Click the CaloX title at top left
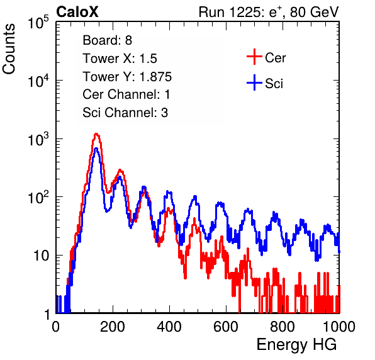pyautogui.click(x=77, y=12)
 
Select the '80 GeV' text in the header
pyautogui.click(x=314, y=12)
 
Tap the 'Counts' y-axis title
pyautogui.click(x=9, y=49)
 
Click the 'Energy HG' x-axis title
pyautogui.click(x=296, y=345)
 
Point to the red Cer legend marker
pyautogui.click(x=254, y=57)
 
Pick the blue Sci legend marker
pyautogui.click(x=254, y=83)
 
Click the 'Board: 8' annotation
pyautogui.click(x=107, y=40)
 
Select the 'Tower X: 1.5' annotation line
pyautogui.click(x=120, y=59)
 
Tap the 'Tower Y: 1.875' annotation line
pyautogui.click(x=127, y=77)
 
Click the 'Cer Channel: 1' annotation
pyautogui.click(x=126, y=94)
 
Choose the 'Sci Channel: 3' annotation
pyautogui.click(x=125, y=113)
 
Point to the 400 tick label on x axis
pyautogui.click(x=169, y=327)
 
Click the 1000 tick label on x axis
pyautogui.click(x=339, y=327)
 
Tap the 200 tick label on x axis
pyautogui.click(x=113, y=327)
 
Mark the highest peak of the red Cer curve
pyautogui.click(x=96, y=134)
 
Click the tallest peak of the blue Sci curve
pyautogui.click(x=96, y=149)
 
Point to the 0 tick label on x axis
pyautogui.click(x=56, y=327)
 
